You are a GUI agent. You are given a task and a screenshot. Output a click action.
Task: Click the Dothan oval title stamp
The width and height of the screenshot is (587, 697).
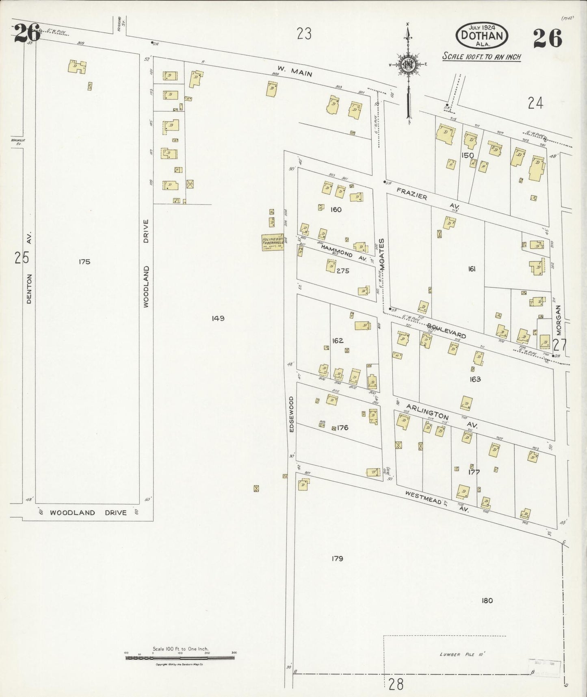[482, 35]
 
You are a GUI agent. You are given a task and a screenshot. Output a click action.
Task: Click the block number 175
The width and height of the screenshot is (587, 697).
[84, 262]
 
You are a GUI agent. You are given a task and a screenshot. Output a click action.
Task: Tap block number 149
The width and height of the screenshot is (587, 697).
[218, 318]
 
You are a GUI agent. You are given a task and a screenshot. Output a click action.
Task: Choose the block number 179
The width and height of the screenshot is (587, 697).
[337, 559]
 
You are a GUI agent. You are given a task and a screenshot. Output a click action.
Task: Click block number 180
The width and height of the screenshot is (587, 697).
[487, 601]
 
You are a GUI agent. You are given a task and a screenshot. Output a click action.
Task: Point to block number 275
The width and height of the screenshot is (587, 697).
[343, 271]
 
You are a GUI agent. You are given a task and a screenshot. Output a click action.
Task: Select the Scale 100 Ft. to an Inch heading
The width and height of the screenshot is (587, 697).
[481, 57]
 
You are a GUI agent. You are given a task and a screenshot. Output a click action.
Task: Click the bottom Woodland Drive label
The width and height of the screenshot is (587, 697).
[89, 513]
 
